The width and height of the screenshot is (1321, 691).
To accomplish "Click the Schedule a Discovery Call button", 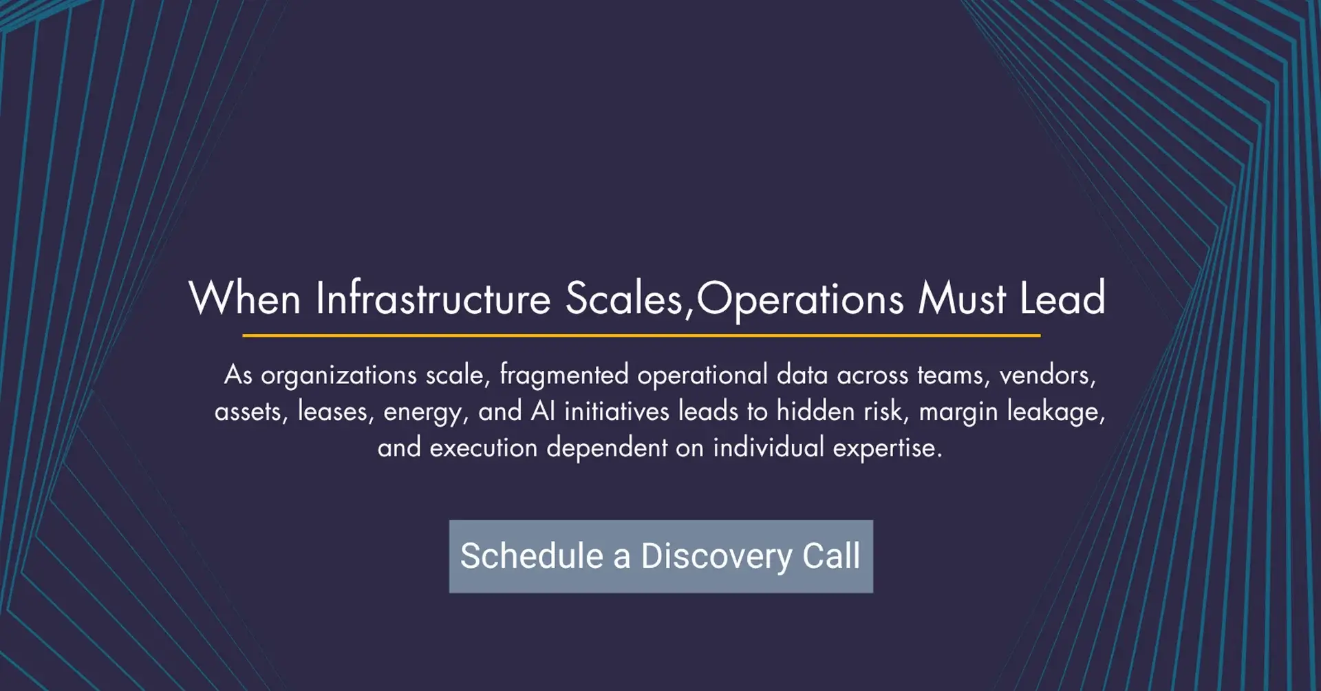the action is click(661, 556).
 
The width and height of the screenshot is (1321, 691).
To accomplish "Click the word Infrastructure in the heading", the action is click(433, 299).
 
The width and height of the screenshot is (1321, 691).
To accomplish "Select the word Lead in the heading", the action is click(1062, 299).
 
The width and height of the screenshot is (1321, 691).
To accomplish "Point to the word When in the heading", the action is click(245, 299).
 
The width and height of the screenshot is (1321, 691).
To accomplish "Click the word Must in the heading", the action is click(962, 299).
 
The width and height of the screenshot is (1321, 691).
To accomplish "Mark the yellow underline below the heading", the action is click(641, 335).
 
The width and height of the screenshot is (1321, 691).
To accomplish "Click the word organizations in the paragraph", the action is click(339, 376).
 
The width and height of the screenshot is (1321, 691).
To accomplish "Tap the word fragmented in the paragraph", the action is click(564, 375).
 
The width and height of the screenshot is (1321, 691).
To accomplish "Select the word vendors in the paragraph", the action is click(1047, 376).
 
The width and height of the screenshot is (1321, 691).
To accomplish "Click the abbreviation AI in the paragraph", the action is click(543, 411).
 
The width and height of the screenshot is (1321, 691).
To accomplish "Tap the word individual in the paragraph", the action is click(769, 447).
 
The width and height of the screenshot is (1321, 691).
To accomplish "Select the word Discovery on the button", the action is click(717, 557).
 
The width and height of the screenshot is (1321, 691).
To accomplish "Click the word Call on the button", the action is click(831, 555).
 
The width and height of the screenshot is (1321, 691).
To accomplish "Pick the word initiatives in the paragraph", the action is click(616, 411).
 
